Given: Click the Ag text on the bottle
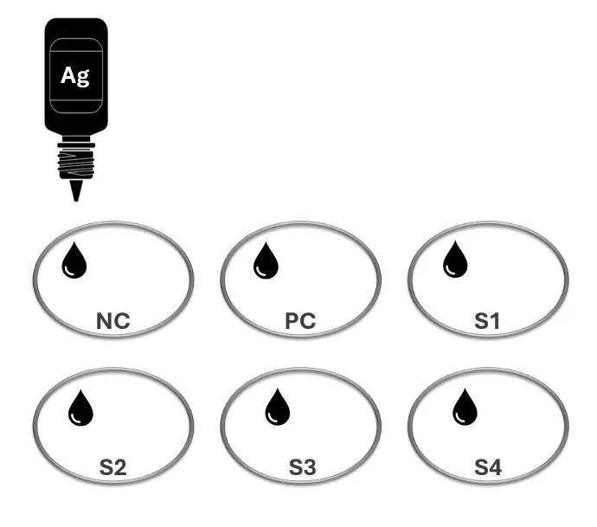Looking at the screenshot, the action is pos(75,76).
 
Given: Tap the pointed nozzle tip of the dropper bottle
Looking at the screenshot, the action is pos(76,200).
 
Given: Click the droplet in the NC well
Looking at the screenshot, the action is pos(74,260).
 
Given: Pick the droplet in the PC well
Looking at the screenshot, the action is pos(266,260).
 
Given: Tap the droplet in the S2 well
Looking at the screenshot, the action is pos(80,408).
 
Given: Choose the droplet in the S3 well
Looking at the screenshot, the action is pos(277,407).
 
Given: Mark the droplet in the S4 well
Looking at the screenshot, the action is pos(465,407).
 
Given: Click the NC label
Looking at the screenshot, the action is pos(113,321).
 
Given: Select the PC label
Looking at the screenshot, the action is pos(300,321).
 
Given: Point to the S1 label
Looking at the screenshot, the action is pos(487,321).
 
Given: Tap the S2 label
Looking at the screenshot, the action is pos(112,467).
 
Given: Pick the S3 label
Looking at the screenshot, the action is pos(302,467).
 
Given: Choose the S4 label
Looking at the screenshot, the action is pos(488,467).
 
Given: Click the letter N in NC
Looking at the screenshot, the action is pos(105,321).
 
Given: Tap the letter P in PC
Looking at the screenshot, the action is pos(292,321).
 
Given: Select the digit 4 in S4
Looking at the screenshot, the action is pos(496,467).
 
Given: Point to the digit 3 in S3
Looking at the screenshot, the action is pos(310,467).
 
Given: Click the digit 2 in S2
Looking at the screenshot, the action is pos(120,467).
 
